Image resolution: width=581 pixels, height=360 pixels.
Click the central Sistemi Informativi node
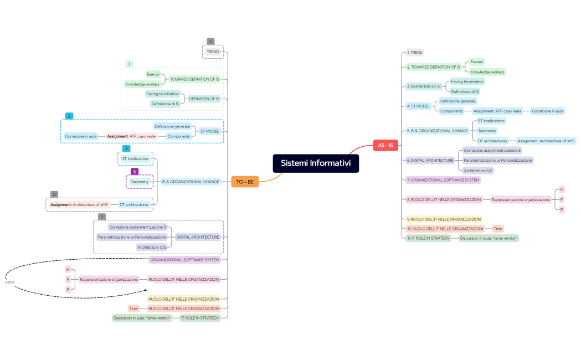(x=316, y=163)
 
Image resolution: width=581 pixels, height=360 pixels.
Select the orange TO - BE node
(x=245, y=182)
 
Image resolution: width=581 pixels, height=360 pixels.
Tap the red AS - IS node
(x=385, y=146)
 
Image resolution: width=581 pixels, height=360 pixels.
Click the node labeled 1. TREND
(x=414, y=53)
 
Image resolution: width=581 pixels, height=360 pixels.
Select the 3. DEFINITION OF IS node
(x=424, y=86)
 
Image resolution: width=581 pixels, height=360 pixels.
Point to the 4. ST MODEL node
(x=418, y=106)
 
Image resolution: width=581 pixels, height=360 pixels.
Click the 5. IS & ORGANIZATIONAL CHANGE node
(x=437, y=131)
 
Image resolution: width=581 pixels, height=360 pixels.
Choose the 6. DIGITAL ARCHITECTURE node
(x=430, y=160)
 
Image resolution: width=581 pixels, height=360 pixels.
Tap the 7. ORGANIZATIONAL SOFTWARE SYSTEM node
(x=443, y=180)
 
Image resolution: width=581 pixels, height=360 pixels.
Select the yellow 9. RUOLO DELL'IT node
(x=443, y=219)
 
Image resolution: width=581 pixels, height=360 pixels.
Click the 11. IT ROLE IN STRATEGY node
(x=428, y=238)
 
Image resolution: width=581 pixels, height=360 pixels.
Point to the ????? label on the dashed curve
(x=10, y=283)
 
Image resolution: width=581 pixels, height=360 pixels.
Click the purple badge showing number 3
(x=134, y=172)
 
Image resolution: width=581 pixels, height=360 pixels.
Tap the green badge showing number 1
(x=129, y=64)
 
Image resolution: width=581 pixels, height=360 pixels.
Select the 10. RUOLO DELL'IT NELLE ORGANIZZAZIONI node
(x=445, y=229)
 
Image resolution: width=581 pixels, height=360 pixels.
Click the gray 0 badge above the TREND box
(x=210, y=42)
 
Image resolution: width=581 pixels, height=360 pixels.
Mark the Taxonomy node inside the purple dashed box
(x=140, y=182)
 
